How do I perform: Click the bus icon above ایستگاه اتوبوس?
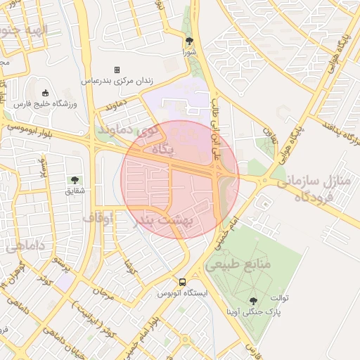coord(183,281)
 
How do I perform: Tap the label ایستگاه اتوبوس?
coord(181,292)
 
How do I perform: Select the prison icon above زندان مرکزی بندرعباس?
coord(117,70)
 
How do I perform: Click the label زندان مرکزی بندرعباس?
coord(117,81)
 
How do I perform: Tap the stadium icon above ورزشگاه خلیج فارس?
coord(46,93)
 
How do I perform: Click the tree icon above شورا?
coord(189,41)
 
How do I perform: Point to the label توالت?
coord(300,298)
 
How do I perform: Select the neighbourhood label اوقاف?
coord(98,217)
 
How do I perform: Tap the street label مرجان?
coord(102,290)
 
